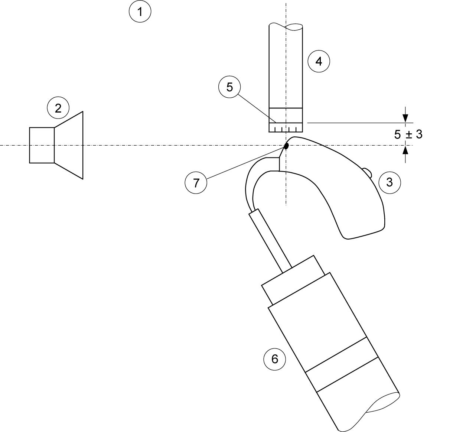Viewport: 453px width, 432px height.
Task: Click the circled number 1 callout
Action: pos(140,11)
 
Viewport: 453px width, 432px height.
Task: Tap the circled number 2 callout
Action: pos(58,108)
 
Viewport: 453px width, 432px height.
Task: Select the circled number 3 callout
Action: pos(390,182)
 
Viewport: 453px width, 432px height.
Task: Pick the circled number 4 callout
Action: pos(319,61)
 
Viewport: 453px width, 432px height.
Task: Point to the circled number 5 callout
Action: pos(229,87)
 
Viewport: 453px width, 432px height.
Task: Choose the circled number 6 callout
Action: pos(274,359)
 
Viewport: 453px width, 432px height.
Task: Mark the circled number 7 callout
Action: pos(196,183)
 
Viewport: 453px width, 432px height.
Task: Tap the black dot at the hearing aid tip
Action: pos(286,146)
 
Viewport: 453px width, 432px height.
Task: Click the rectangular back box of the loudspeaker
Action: pos(42,145)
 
